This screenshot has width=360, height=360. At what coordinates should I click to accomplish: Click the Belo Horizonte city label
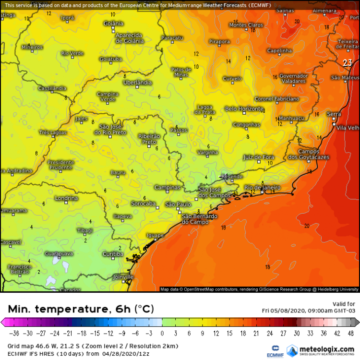(244, 109)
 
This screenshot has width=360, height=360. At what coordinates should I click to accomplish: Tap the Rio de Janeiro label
(262, 187)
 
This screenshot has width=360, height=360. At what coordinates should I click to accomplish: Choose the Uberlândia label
(137, 83)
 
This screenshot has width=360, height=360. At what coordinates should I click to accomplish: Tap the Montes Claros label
(246, 25)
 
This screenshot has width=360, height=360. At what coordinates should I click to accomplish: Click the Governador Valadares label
(293, 79)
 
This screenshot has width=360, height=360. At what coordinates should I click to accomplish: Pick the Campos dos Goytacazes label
(309, 154)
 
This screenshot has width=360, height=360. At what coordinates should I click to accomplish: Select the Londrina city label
(66, 198)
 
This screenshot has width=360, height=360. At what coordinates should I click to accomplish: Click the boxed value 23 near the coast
(348, 62)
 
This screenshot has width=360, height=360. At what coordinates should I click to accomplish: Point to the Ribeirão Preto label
(147, 139)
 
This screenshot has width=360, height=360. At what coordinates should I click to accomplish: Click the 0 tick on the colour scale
(162, 333)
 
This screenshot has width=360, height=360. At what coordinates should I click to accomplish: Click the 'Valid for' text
(344, 303)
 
